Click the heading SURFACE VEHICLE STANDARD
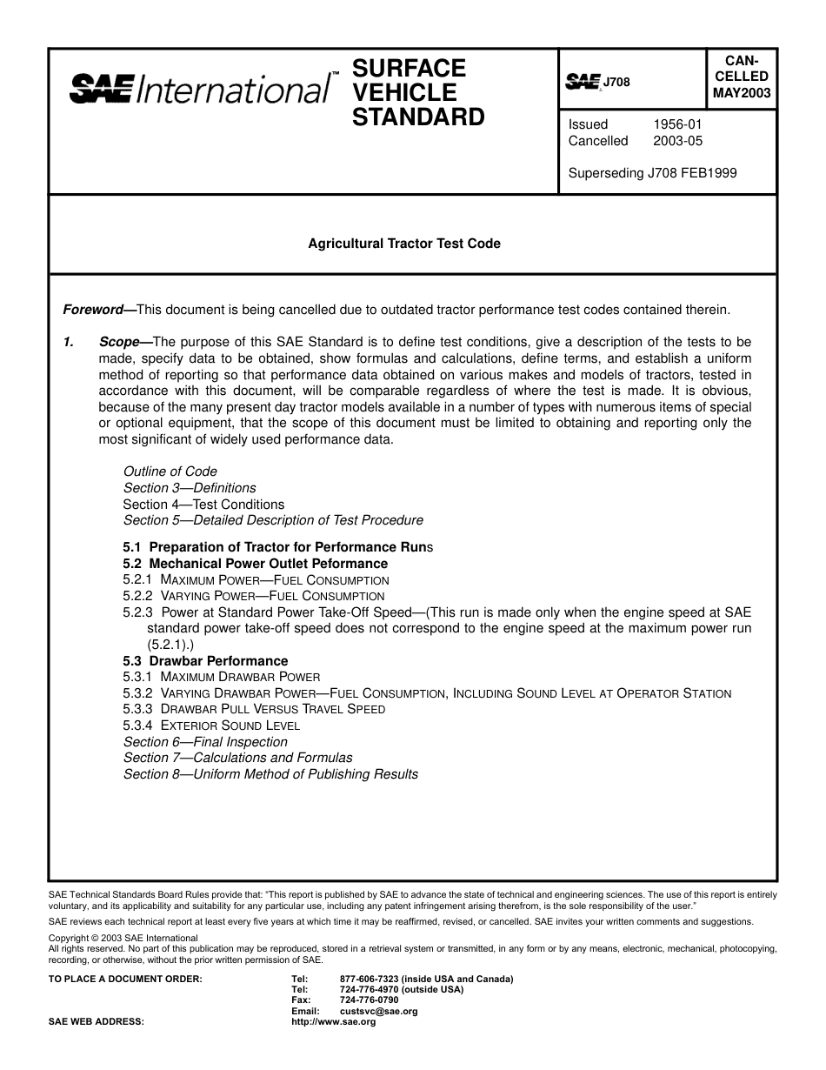tap(418, 92)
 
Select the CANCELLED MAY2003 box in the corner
tap(742, 77)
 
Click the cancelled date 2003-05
tap(677, 141)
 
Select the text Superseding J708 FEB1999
tap(652, 173)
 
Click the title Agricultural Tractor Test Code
tap(404, 244)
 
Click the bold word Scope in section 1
tap(120, 342)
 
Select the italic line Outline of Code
tap(170, 471)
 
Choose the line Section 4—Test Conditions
tap(203, 505)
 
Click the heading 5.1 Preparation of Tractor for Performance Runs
tap(277, 547)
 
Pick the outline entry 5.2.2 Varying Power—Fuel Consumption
tap(254, 596)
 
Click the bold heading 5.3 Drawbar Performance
tap(205, 661)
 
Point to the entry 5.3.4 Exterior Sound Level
tap(211, 726)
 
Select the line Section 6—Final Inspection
tap(205, 742)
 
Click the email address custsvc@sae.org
tap(379, 1012)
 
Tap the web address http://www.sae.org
tap(333, 1022)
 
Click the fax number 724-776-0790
tap(370, 1000)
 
